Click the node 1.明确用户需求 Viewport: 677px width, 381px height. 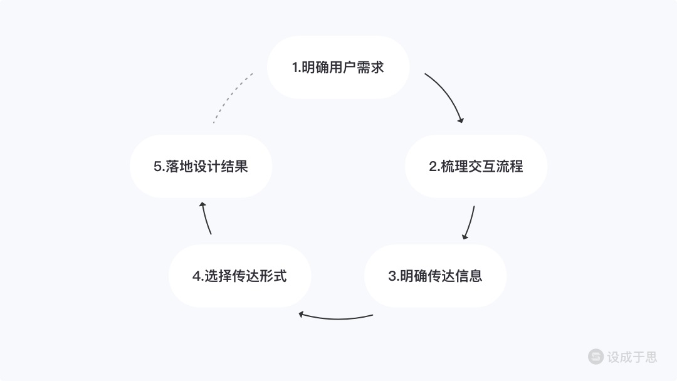coord(338,67)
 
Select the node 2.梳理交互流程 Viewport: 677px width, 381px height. coord(476,166)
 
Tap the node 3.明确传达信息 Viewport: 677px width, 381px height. coord(435,276)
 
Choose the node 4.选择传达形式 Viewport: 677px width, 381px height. coord(239,276)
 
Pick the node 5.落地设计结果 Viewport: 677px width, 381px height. coord(201,166)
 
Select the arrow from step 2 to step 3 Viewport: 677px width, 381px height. coord(470,222)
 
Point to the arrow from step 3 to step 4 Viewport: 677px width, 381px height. coord(336,318)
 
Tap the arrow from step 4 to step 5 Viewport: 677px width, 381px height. coord(205,218)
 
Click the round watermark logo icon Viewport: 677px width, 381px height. coord(596,357)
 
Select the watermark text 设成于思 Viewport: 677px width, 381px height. coord(632,357)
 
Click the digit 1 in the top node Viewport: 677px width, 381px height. coord(295,68)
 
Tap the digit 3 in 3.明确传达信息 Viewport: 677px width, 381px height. coord(392,276)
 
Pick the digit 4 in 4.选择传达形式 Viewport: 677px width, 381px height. coord(196,276)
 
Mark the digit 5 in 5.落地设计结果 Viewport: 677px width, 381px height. coord(157,167)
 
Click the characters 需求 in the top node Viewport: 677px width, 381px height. coord(370,67)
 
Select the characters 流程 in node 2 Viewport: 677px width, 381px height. coord(510,166)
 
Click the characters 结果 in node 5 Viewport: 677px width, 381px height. coord(234,166)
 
